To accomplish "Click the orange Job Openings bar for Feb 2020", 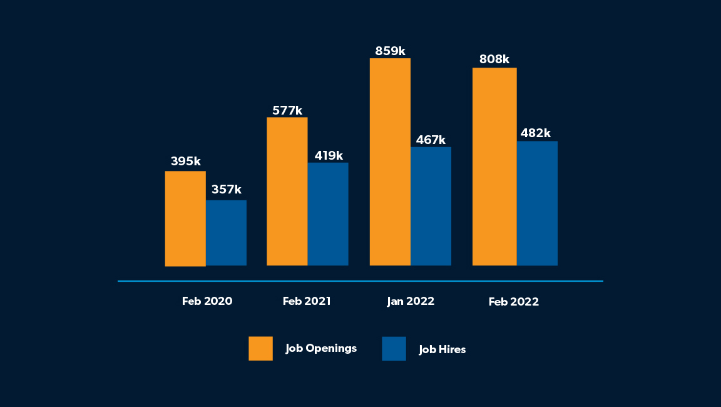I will [x=185, y=219].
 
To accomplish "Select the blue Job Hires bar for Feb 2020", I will [x=226, y=233].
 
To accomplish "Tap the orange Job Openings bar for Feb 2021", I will [x=287, y=192].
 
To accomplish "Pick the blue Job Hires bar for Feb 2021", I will [x=328, y=214].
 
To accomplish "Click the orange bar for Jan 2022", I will [x=390, y=162].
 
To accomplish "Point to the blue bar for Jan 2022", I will [x=431, y=206].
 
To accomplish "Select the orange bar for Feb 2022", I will [x=494, y=167].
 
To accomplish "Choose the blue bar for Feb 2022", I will [x=537, y=203].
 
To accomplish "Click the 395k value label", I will [x=186, y=162].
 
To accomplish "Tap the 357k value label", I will [x=227, y=190].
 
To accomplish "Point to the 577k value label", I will [x=287, y=111].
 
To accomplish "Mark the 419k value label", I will [x=328, y=155].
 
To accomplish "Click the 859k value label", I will [x=391, y=51].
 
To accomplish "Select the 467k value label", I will [x=431, y=140].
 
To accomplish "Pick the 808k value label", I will [x=494, y=59].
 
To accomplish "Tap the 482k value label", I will [x=536, y=133].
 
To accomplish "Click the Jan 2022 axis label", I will [x=411, y=301].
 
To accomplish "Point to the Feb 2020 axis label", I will [x=207, y=301].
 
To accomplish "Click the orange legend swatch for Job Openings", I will [x=260, y=348].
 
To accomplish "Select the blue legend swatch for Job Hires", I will [x=394, y=349].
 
